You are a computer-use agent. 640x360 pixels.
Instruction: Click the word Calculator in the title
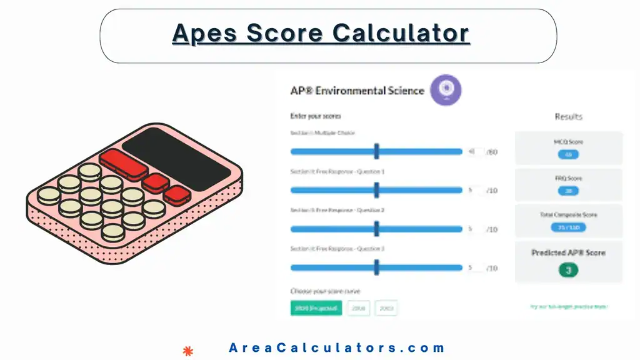coord(401,33)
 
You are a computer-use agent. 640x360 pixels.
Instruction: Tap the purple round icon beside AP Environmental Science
coord(446,89)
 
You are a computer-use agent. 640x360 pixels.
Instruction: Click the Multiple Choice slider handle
coord(377,151)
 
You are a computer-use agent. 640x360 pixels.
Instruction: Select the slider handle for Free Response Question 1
coord(377,190)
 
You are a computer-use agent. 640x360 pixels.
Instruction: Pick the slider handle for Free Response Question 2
coord(377,229)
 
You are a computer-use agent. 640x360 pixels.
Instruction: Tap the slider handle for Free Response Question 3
coord(377,267)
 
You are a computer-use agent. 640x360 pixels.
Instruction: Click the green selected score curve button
coord(316,308)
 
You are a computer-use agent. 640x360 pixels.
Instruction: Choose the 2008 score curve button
coord(359,308)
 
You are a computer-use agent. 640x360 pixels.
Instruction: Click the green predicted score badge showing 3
coord(568,270)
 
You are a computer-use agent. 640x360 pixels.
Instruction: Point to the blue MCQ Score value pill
coord(568,154)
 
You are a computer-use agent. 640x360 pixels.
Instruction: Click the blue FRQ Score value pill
coord(568,191)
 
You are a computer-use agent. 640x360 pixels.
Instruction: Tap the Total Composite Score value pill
coord(568,227)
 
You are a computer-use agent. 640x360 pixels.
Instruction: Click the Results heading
coord(568,117)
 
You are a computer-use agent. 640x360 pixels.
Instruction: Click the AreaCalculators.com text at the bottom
coord(337,348)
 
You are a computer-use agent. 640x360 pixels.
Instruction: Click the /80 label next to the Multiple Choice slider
coord(492,152)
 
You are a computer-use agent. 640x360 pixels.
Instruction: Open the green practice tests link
coord(567,306)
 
